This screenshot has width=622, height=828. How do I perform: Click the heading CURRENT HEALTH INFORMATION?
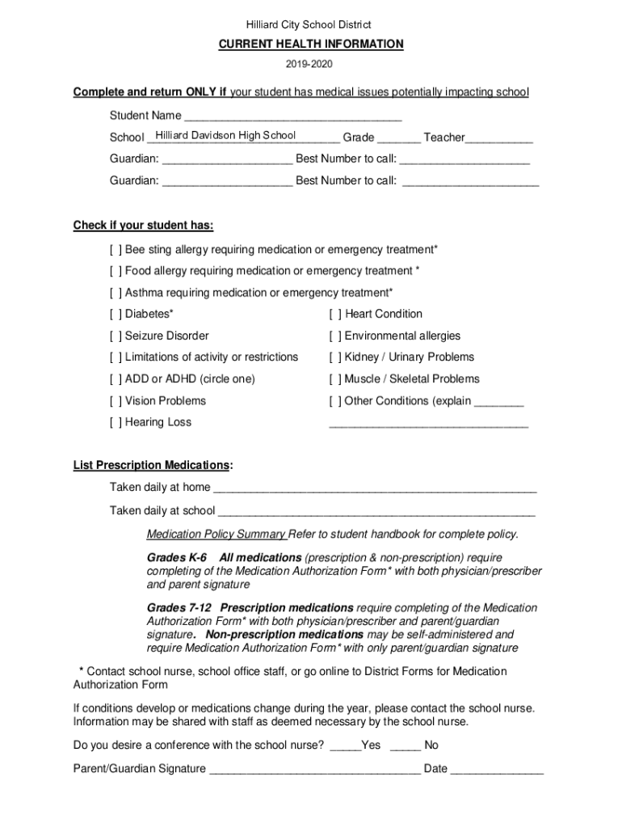coord(311,44)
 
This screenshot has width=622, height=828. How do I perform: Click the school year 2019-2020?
coord(311,64)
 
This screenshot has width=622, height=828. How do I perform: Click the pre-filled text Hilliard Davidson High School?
coord(225,136)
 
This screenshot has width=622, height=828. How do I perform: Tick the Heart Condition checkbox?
coord(335,315)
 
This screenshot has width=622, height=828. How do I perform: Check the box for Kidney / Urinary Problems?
coord(335,357)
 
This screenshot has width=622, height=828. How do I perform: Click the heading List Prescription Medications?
coord(153,466)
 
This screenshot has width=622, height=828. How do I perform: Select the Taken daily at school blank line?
coord(376,512)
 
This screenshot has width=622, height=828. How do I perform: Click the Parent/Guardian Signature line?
coord(314,770)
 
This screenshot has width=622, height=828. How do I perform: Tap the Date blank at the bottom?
coord(497,770)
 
